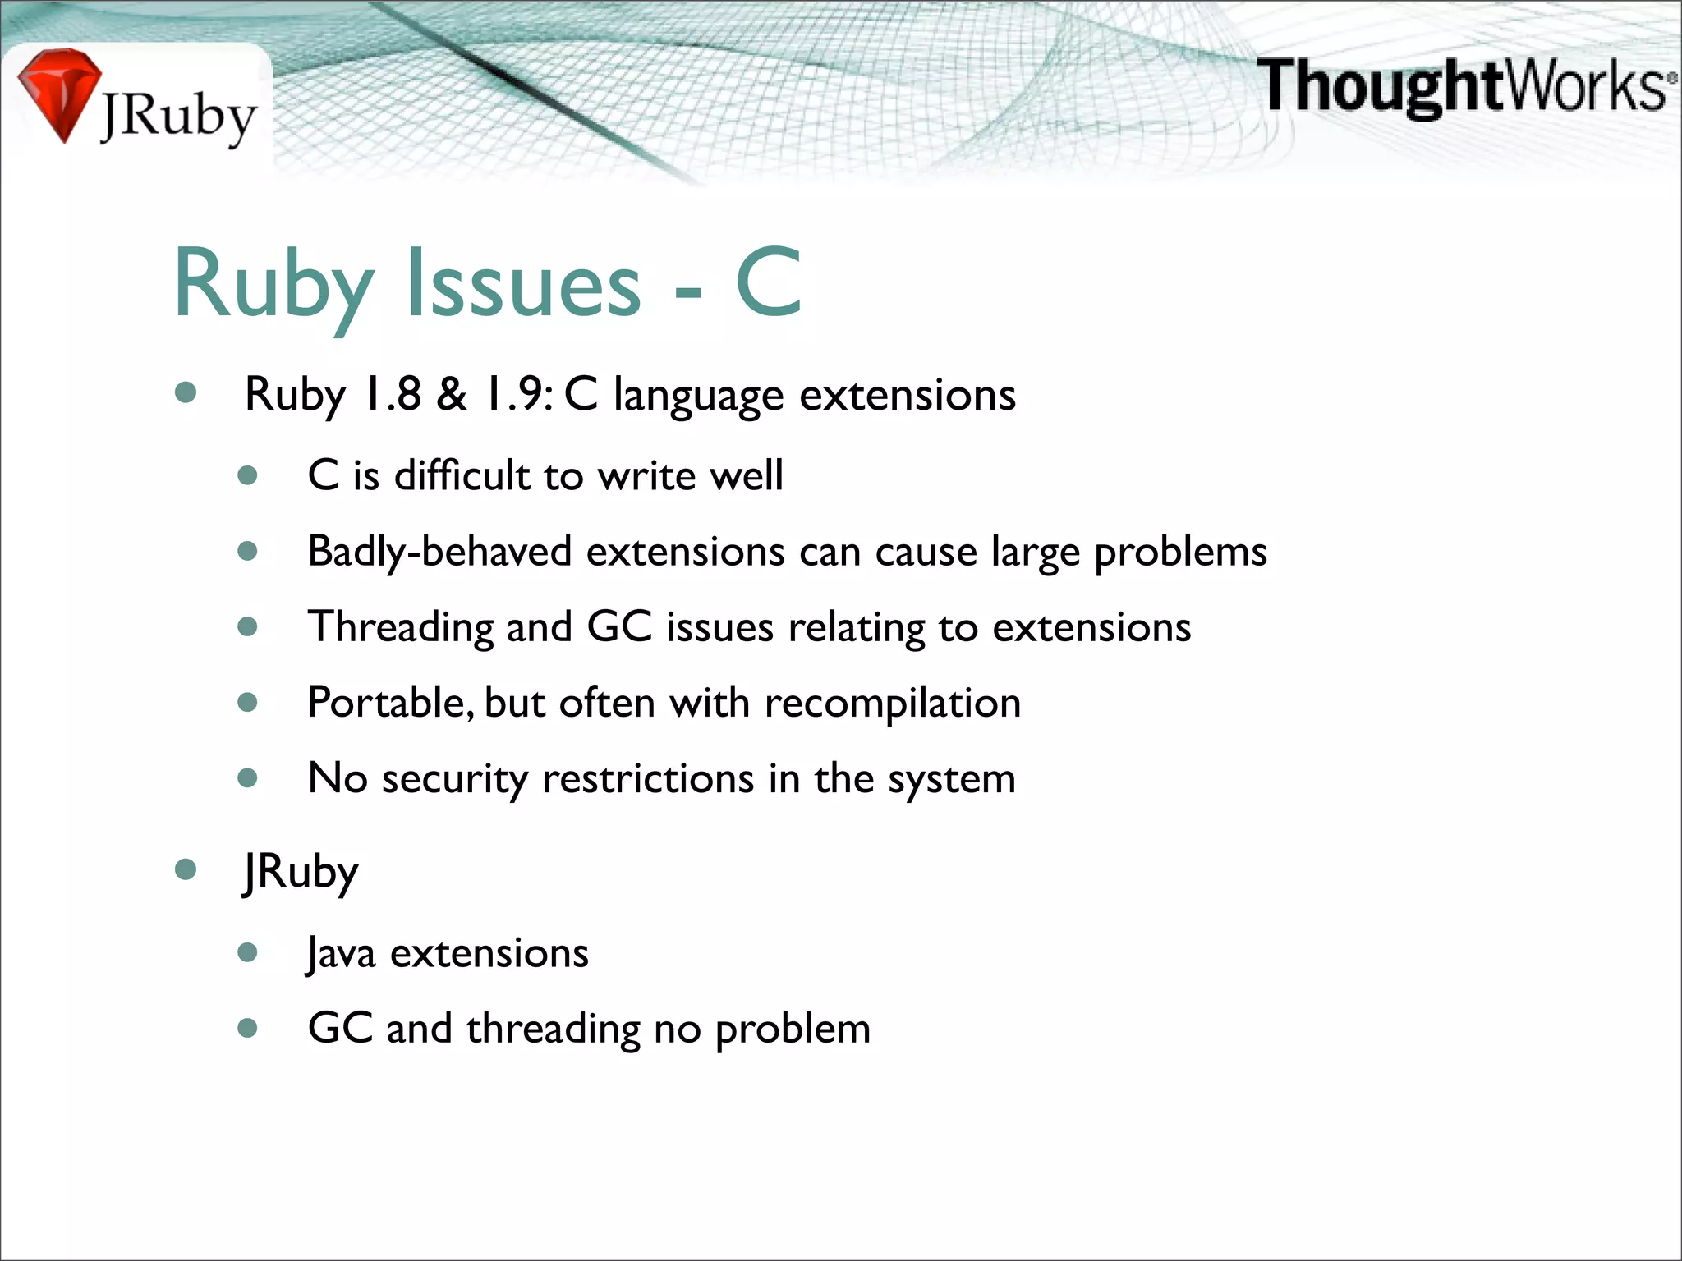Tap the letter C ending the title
768,283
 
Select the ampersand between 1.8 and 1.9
452,395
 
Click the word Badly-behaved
439,552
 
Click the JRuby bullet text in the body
301,873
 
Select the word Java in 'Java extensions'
341,954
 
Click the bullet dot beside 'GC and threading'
247,1028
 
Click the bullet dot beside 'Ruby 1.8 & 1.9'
186,392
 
